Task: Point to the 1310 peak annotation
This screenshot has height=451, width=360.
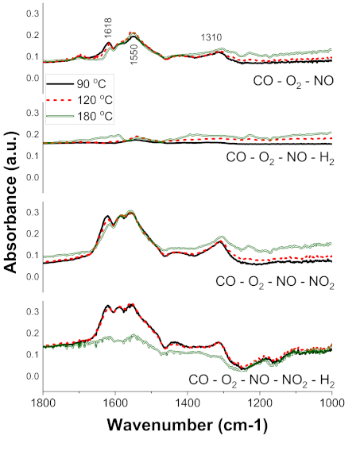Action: [211, 37]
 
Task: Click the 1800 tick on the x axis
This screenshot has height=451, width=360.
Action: [44, 403]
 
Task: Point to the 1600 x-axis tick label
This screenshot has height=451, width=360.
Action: [116, 403]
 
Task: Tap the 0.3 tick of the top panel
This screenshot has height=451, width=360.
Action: [33, 14]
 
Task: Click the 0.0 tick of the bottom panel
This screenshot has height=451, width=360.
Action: [33, 376]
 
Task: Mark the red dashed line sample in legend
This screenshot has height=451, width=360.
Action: [62, 98]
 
